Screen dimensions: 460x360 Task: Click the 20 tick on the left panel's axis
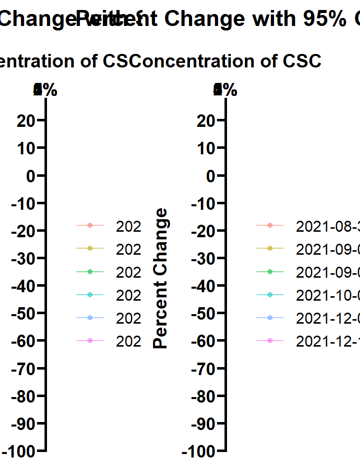26,121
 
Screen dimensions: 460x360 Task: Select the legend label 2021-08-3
328,226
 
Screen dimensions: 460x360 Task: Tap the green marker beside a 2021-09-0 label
270,272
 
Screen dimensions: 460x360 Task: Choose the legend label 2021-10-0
328,295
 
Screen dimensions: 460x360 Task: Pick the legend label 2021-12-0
328,318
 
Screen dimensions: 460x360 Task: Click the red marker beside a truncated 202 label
90,226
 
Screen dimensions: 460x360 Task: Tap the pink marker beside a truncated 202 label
90,340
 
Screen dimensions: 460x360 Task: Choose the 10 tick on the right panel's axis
206,148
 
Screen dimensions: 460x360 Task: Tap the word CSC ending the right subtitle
302,61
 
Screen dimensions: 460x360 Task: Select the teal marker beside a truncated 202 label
90,295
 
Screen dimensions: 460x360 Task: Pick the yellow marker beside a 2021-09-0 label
270,249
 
